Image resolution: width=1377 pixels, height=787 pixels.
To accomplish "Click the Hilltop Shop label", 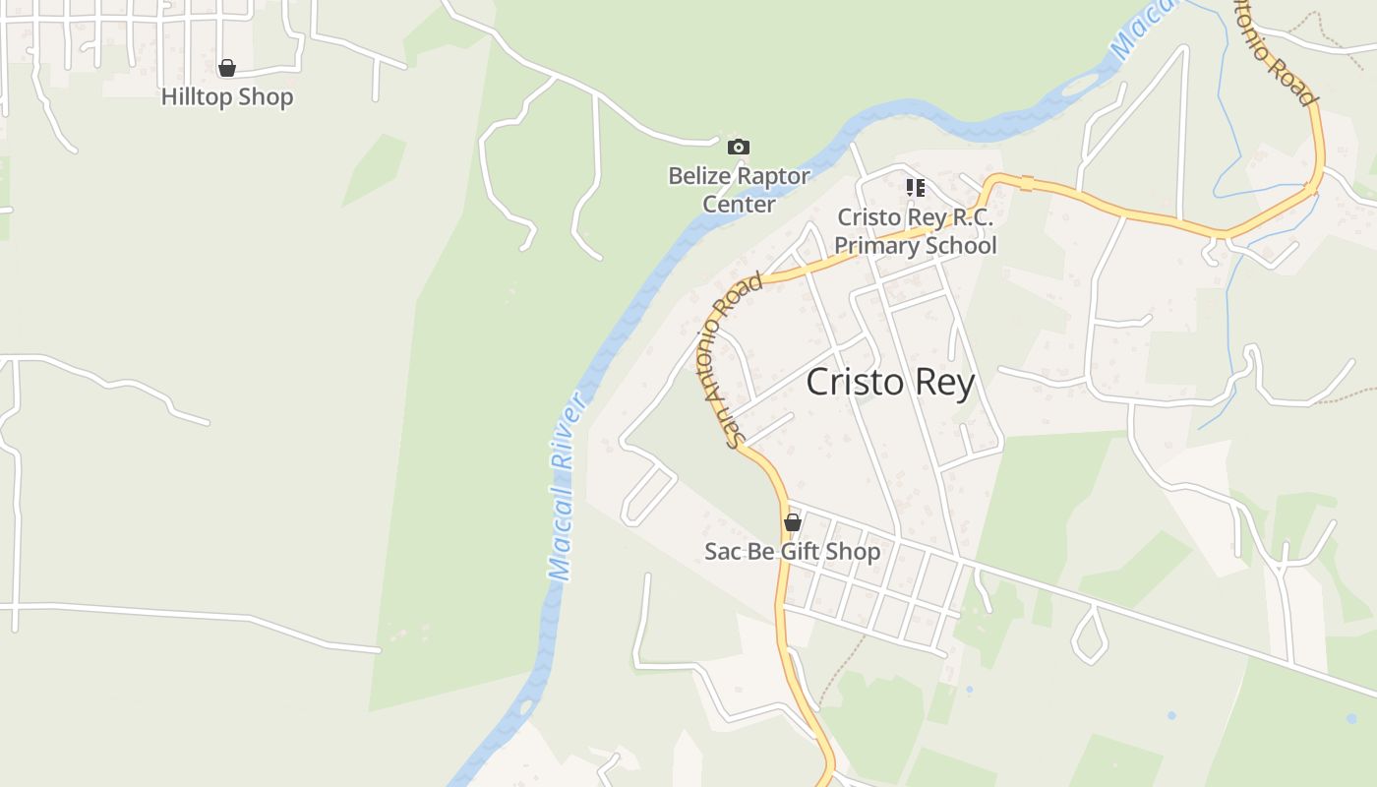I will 227,97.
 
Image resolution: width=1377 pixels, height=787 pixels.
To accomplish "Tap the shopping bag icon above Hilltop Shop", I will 227,68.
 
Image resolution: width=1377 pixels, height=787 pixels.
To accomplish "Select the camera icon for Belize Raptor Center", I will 738,148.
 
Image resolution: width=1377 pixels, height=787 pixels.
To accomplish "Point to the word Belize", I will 700,177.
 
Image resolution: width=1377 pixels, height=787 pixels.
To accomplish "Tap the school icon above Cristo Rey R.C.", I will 916,187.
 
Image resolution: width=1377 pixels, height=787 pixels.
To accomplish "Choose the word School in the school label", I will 955,246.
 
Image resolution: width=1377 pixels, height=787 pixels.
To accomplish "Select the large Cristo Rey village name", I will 890,383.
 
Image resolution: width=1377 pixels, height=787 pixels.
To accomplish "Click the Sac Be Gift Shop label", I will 792,552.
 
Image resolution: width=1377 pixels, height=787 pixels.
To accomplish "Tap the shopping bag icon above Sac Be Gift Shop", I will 792,522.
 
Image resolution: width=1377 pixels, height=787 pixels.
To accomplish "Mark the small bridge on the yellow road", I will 1026,184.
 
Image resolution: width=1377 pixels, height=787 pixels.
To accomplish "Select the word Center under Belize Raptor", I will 739,205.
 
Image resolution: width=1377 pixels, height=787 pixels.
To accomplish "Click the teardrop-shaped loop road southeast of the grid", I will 1089,635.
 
